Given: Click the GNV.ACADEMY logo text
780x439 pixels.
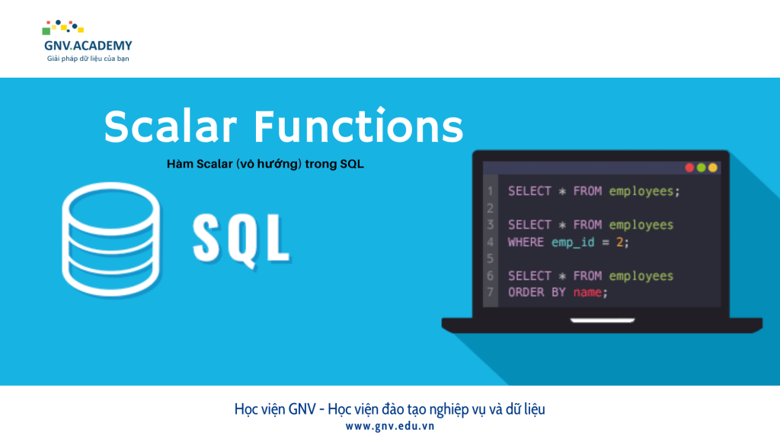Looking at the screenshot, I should [88, 45].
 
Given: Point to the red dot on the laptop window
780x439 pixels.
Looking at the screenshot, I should [690, 167].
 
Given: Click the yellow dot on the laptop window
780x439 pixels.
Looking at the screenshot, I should [713, 167].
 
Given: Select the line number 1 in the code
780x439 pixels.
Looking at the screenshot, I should [490, 191].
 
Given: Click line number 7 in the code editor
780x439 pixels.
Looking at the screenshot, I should [490, 293].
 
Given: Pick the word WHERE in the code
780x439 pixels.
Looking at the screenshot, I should [526, 242].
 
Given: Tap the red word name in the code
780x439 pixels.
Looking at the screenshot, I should [587, 293].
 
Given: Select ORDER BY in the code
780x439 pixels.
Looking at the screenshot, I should [536, 293].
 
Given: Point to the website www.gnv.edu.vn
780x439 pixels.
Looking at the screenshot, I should [389, 426].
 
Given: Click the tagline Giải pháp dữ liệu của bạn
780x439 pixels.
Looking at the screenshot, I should [88, 59].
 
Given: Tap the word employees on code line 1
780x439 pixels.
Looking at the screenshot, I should [641, 191].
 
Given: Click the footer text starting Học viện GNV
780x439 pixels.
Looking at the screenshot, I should [389, 409].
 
